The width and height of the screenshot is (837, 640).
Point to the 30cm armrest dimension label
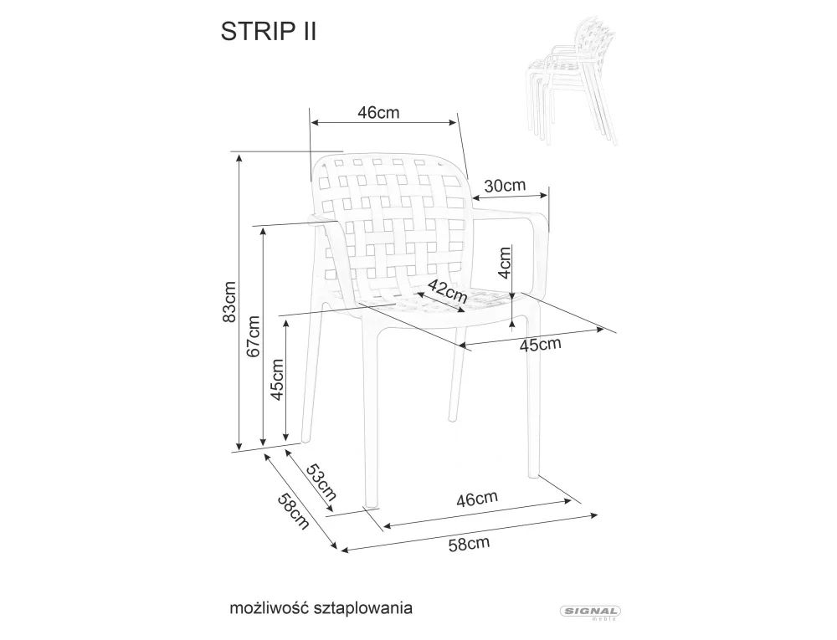pyautogui.click(x=506, y=186)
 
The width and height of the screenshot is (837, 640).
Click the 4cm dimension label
pyautogui.click(x=504, y=262)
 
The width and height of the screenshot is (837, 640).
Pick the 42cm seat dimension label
pyautogui.click(x=447, y=292)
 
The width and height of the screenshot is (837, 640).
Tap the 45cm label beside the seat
pyautogui.click(x=540, y=344)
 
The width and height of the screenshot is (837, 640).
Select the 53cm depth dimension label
pyautogui.click(x=319, y=482)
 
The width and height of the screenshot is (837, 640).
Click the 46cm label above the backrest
pyautogui.click(x=377, y=113)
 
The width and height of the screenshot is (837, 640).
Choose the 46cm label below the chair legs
pyautogui.click(x=476, y=499)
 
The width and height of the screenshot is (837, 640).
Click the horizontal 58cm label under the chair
pyautogui.click(x=469, y=544)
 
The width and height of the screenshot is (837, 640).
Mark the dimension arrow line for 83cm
pyautogui.click(x=240, y=303)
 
